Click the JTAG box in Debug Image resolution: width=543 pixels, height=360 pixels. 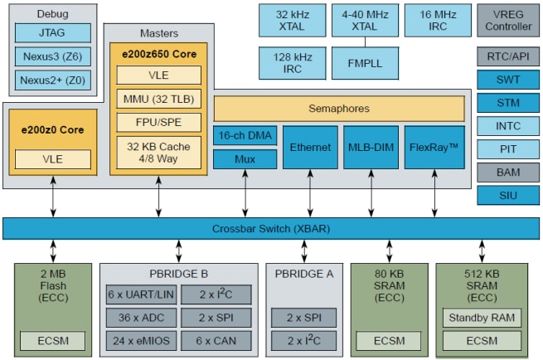pos(52,33)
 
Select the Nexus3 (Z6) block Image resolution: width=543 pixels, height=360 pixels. pos(52,56)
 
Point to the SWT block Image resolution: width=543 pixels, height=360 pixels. pos(508,80)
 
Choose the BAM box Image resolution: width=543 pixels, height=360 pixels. pos(508,173)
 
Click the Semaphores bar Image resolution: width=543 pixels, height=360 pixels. pos(339,109)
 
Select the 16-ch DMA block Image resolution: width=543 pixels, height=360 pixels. pos(245,136)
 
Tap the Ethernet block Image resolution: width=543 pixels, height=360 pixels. pos(310,148)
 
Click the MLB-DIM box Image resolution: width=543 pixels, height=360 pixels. pos(371,148)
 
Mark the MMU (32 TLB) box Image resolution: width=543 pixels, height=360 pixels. pos(159,99)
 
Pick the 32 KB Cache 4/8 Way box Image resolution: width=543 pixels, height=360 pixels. pos(159,151)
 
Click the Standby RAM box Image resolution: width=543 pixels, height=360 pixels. pos(481,318)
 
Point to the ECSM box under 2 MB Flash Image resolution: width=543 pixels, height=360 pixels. pos(52,340)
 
